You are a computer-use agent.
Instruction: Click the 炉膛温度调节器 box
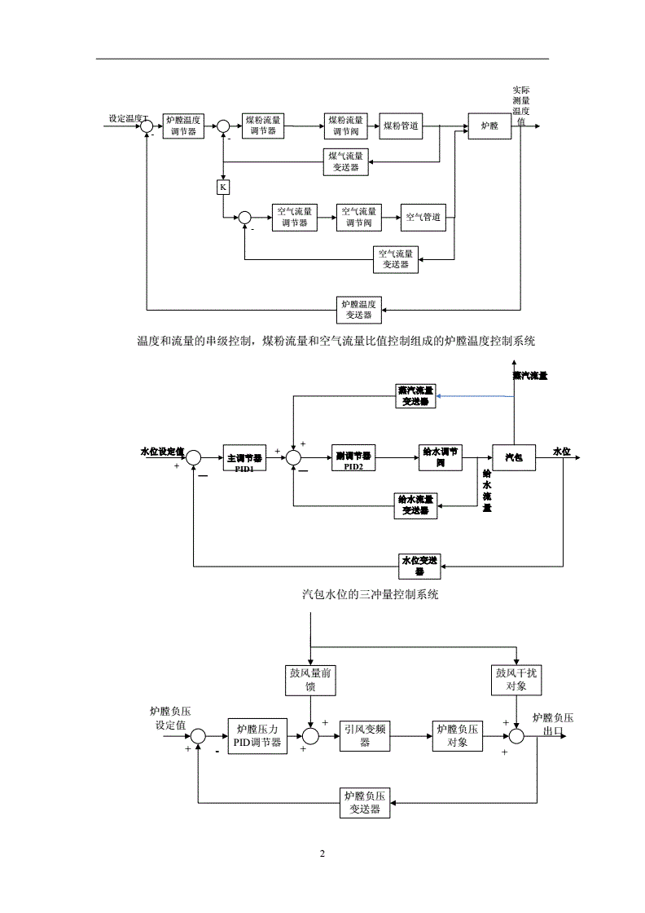tap(182, 126)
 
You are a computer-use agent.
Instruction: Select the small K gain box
tap(222, 187)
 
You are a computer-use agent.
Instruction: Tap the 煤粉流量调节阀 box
tap(345, 126)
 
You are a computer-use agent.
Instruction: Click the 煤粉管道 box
tap(401, 126)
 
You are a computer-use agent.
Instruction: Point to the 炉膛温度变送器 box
tap(359, 309)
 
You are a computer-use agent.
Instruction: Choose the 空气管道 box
tap(423, 217)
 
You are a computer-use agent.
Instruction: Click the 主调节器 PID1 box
tap(245, 459)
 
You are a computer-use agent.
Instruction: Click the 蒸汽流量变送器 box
tap(415, 396)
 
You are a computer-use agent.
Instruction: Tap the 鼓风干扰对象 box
tap(516, 679)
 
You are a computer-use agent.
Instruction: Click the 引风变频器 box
tap(364, 736)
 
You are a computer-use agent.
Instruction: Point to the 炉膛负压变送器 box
tap(365, 803)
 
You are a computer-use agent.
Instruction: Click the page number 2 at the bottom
tap(322, 853)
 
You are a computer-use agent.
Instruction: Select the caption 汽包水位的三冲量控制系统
tap(371, 595)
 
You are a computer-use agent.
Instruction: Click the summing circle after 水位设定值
tap(194, 459)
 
